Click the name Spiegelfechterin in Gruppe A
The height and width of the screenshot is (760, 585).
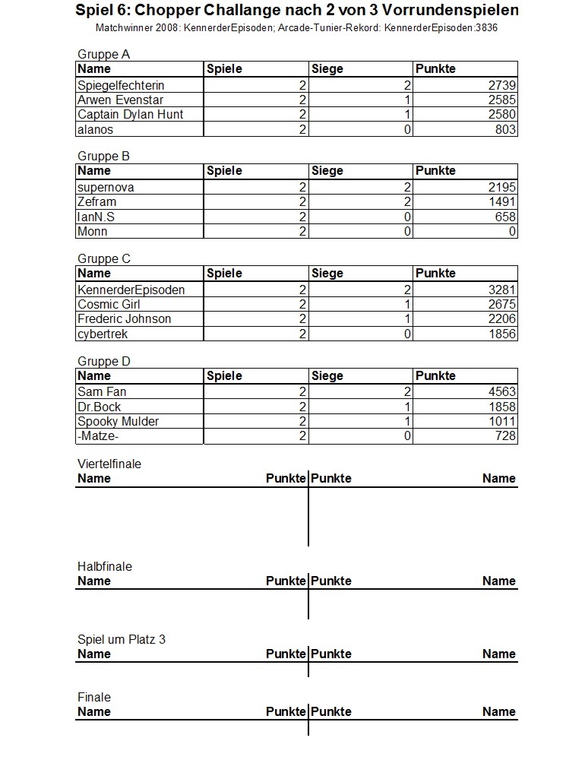click(x=121, y=86)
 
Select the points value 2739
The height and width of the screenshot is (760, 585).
click(x=502, y=86)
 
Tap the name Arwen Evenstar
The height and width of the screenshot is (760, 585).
click(x=120, y=100)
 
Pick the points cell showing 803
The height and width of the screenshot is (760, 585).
click(x=507, y=130)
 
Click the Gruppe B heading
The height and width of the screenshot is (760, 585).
click(x=104, y=157)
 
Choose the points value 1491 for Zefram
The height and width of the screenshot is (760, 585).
click(x=502, y=202)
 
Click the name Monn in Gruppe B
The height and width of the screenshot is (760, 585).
click(x=93, y=232)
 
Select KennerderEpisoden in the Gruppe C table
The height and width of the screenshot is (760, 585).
click(x=131, y=290)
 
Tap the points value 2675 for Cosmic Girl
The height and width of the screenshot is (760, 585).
click(x=502, y=305)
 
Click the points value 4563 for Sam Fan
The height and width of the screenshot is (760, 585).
click(x=502, y=392)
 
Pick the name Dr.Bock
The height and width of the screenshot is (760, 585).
click(x=100, y=407)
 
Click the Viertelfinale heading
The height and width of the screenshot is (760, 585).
click(x=109, y=464)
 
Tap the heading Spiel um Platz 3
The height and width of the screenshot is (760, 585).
click(x=122, y=640)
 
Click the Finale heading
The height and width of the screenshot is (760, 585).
click(x=94, y=698)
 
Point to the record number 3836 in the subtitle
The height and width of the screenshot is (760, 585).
click(x=485, y=27)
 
